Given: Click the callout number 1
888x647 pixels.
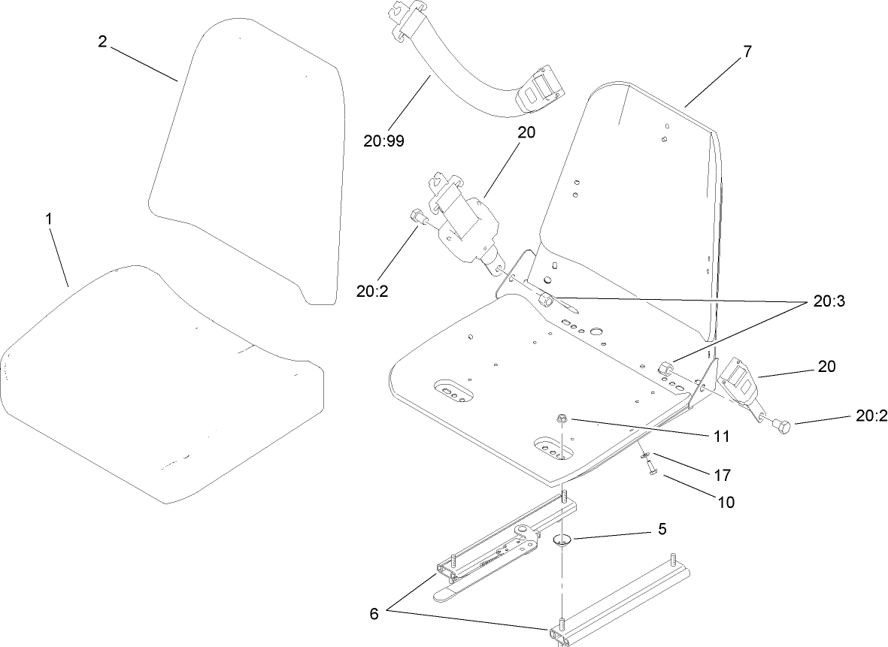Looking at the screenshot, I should point(50,219).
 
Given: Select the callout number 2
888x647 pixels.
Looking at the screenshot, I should point(103,41).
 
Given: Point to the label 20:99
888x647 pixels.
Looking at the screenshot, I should point(383,141).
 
